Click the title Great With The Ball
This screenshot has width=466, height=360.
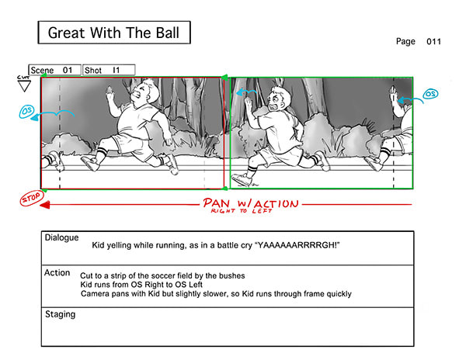coord(113,33)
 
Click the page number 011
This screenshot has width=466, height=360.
coord(433,42)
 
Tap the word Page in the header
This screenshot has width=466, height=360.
coord(405,42)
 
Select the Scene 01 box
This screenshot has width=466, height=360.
coord(54,70)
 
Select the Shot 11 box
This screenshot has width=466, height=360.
coord(108,70)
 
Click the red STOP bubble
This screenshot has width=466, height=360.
coord(30,199)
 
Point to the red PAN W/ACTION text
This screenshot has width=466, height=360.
coord(250,204)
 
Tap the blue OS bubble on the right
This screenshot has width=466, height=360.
coord(429,94)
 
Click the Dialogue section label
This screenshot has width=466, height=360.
coord(62,237)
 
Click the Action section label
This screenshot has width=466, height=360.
coord(57,272)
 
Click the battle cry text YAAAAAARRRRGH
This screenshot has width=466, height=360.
coord(297,246)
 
